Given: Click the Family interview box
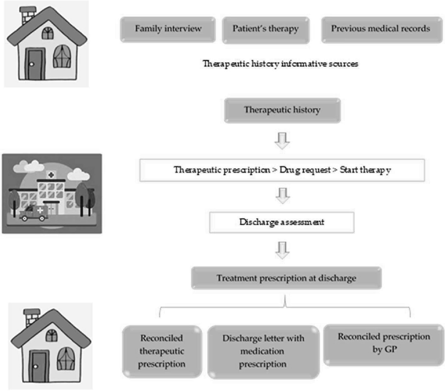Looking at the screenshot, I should pos(168,29).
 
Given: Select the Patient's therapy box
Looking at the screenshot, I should pos(266,29).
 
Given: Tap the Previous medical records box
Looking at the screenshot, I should pos(381,29).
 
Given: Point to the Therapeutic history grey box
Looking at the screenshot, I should pos(282,110).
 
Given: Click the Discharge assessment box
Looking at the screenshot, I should pos(281,222).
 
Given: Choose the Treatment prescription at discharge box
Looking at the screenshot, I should pos(286,278).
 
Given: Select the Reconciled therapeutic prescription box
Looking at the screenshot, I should pos(162,351).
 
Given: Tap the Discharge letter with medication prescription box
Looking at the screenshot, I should pos(263,351).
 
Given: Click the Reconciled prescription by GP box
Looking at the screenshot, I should pos(384,343).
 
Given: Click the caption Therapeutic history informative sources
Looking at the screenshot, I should pos(280,64).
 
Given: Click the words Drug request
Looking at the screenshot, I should pos(305,170).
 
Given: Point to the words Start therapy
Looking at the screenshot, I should pos(365,170).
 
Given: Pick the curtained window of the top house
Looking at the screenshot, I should pos(62,57).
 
